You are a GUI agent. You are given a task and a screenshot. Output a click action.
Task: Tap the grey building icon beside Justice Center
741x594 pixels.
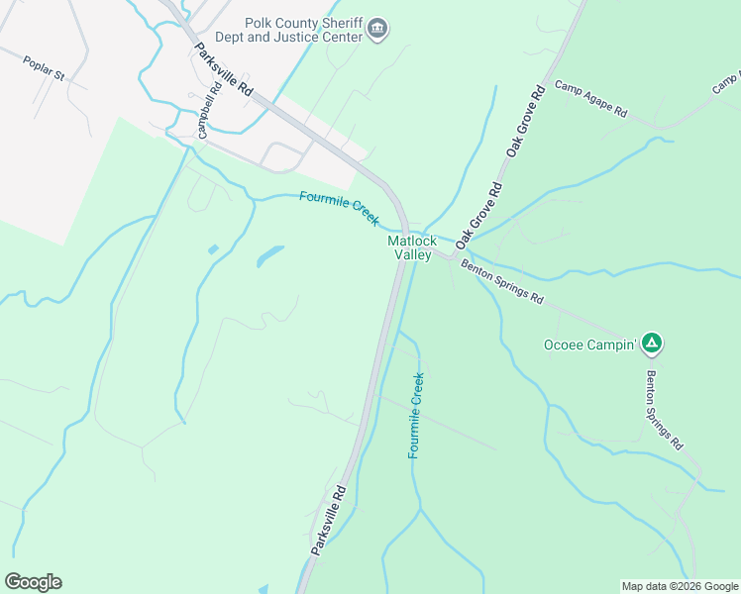[376, 31]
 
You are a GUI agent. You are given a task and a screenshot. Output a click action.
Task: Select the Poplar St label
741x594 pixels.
[44, 69]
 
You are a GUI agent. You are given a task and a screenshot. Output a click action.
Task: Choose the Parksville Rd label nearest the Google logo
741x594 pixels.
[329, 519]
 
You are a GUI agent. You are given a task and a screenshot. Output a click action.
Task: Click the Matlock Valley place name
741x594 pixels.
[412, 247]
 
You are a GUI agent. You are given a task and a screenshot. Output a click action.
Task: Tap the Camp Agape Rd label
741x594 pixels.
[591, 99]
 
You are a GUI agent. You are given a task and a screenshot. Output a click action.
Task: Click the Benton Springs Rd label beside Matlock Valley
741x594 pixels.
[502, 283]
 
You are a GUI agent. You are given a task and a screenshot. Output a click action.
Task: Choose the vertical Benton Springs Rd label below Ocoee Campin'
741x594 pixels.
[664, 411]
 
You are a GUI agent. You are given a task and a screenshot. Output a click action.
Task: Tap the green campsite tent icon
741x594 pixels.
[651, 344]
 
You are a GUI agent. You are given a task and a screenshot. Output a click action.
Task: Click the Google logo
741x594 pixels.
[33, 582]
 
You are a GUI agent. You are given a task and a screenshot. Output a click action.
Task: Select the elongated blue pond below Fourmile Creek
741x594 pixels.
[269, 256]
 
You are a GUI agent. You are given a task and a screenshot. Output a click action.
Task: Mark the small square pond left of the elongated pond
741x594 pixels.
[213, 249]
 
